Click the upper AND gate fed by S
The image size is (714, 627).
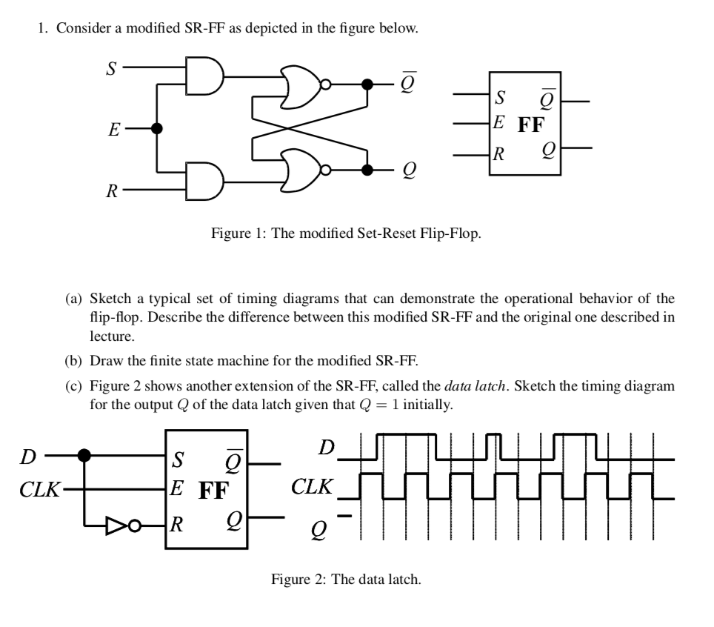coord(204,76)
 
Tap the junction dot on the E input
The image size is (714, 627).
coord(156,127)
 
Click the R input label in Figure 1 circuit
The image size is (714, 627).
coord(111,192)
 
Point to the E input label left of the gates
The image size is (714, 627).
coord(113,130)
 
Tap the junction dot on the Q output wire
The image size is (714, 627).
coord(366,170)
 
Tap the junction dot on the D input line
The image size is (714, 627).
coord(85,454)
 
